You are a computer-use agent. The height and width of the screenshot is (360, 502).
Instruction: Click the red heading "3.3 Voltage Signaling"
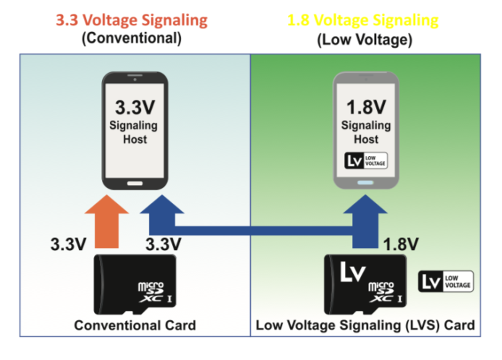tap(132, 20)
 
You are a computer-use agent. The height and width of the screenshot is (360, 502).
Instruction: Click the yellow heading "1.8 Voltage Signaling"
tap(362, 20)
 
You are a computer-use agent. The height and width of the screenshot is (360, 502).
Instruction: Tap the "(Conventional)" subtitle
tap(132, 38)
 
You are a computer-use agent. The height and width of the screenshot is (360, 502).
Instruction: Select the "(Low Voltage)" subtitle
tap(365, 40)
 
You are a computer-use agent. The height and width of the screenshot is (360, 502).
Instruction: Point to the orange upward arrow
tap(106, 221)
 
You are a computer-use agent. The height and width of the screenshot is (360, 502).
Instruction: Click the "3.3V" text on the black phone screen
tap(135, 107)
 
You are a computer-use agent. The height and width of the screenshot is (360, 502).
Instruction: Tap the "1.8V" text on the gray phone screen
tap(366, 107)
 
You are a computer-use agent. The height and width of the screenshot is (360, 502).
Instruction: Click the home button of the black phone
tap(135, 184)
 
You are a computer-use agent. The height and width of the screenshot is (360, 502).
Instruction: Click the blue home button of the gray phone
tap(365, 183)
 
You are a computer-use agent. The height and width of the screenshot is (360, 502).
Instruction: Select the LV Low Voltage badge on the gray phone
tap(366, 160)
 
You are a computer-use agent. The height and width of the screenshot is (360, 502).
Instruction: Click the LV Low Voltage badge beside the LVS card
tap(446, 281)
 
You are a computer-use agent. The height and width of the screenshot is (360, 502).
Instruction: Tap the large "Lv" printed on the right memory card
tap(352, 272)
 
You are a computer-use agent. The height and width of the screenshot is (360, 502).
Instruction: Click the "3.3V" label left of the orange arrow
tap(68, 244)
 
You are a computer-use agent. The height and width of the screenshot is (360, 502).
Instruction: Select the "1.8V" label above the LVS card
tap(401, 244)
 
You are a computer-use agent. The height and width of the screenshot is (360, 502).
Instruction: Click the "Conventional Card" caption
tap(135, 325)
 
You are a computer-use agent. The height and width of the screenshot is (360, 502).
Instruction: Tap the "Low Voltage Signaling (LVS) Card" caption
tap(365, 325)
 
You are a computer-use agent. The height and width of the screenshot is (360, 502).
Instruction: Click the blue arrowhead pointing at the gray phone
tap(365, 204)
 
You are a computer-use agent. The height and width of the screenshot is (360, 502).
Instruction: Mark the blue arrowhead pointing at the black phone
tap(162, 204)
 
